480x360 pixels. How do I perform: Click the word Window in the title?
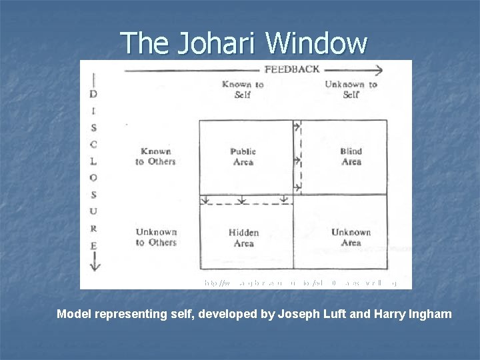click(316, 43)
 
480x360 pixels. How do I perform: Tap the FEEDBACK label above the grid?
click(292, 69)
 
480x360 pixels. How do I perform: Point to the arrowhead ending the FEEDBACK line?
click(379, 69)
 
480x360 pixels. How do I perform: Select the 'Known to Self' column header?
click(243, 89)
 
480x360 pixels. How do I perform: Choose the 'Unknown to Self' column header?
click(351, 89)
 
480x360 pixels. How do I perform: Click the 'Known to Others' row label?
click(155, 156)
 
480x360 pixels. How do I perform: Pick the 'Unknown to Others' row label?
click(156, 237)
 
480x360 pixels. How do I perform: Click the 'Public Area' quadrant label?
click(243, 157)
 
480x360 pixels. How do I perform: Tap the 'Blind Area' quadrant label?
click(351, 157)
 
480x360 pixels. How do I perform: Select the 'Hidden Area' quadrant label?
click(243, 238)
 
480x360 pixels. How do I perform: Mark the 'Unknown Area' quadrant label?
click(351, 237)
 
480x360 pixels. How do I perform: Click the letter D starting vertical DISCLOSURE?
click(93, 94)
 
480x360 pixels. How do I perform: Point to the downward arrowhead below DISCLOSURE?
click(93, 267)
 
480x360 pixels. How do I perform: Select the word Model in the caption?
click(75, 313)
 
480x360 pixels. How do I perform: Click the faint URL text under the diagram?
click(300, 283)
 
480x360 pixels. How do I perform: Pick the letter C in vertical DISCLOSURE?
click(93, 144)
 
